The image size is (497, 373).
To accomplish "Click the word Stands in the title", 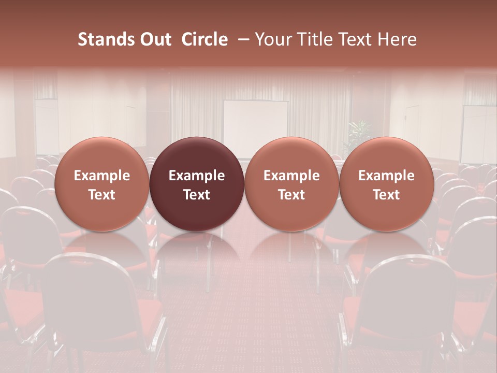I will [x=103, y=39].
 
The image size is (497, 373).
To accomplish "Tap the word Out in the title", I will [x=154, y=39].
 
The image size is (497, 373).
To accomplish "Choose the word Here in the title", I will [x=396, y=39].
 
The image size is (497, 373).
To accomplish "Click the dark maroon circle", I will [x=197, y=184].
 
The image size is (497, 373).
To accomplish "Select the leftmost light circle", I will [x=102, y=184].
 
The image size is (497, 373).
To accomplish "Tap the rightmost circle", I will [x=386, y=184].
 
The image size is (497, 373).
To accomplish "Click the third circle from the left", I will [x=291, y=184].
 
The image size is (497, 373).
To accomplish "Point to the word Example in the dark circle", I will [x=197, y=176].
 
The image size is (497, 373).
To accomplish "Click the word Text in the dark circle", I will [x=197, y=195].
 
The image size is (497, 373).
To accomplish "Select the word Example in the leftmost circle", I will [x=102, y=176].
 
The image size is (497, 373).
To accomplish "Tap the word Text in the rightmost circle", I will [x=386, y=195].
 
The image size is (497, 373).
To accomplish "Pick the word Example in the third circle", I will [x=291, y=176].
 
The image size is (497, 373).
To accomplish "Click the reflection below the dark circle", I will [x=197, y=254].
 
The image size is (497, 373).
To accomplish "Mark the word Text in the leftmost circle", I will [x=102, y=195].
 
